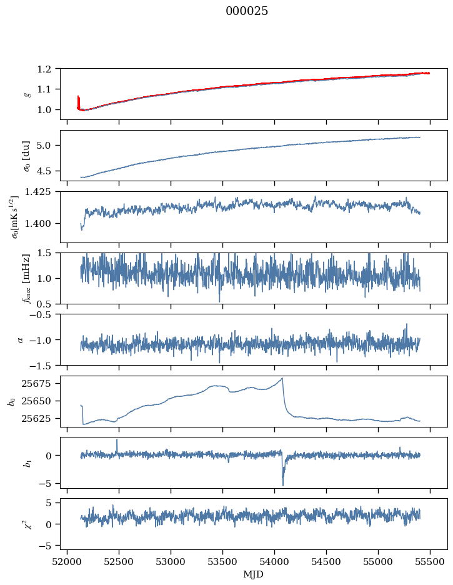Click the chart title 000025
point(247,11)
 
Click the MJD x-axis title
point(254,574)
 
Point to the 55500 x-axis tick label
point(430,562)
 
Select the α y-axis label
point(21,339)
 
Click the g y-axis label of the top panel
point(27,94)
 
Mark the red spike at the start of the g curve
point(78,100)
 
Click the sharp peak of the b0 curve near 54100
point(282,378)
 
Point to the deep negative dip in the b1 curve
point(282,484)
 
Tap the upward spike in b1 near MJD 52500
point(117,440)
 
